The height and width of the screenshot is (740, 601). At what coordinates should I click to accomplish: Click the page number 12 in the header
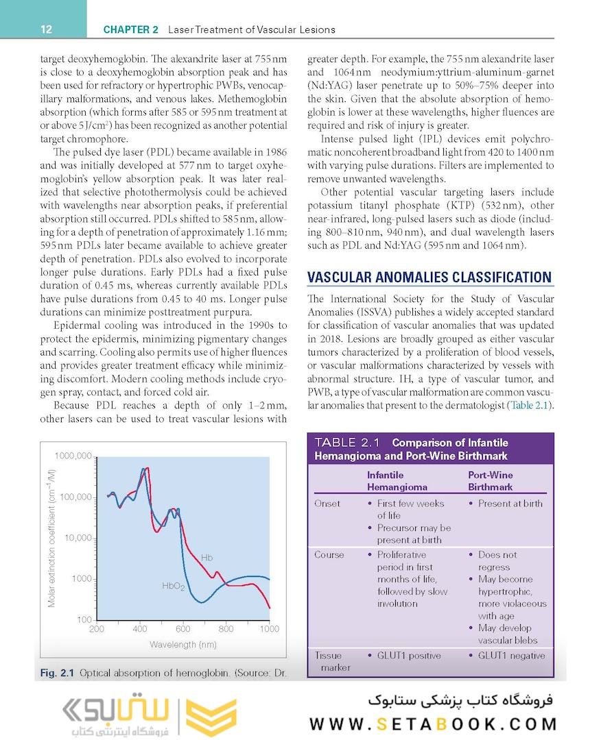47,29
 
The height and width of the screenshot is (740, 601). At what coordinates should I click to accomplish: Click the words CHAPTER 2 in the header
130,29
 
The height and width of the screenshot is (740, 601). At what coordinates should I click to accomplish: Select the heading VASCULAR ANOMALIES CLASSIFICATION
429,277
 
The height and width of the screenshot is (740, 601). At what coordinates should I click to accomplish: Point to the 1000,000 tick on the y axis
73,456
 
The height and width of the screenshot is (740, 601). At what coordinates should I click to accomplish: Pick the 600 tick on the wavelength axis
182,628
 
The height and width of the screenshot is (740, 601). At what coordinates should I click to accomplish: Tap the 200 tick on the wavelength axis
97,628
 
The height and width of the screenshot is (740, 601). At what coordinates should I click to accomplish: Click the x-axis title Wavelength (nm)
183,645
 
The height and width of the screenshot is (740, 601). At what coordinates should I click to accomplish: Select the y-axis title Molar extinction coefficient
52,537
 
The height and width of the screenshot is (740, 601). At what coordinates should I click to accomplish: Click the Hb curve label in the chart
207,558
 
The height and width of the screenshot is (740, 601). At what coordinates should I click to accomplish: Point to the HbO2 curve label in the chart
173,587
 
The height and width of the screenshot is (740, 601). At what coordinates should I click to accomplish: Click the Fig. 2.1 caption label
56,674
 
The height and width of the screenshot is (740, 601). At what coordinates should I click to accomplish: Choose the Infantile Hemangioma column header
397,481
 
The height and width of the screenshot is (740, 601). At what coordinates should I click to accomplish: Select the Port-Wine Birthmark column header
491,481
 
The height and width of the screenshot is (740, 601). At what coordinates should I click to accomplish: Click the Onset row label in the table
327,504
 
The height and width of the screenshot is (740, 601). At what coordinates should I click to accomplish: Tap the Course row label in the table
329,555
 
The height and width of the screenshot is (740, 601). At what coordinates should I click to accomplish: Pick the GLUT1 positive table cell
409,656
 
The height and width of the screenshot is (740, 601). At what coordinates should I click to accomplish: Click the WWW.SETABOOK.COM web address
433,724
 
